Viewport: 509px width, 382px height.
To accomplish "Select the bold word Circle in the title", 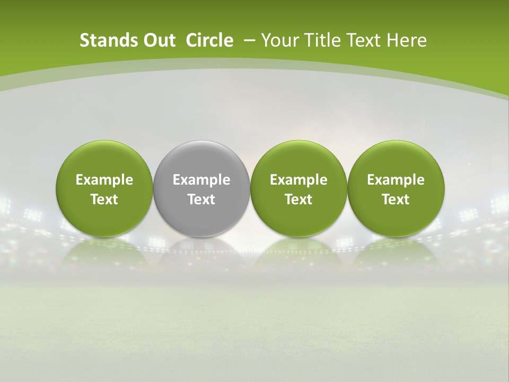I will pyautogui.click(x=209, y=40).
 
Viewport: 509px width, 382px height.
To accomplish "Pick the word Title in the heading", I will pyautogui.click(x=323, y=40).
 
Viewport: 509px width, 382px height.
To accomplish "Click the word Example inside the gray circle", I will pyautogui.click(x=201, y=180).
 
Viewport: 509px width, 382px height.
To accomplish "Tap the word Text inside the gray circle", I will pyautogui.click(x=201, y=199).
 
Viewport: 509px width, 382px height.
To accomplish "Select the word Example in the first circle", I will pyautogui.click(x=104, y=180).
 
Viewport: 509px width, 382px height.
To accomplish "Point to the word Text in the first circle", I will pyautogui.click(x=104, y=199).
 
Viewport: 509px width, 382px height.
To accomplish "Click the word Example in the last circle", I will pyautogui.click(x=396, y=180).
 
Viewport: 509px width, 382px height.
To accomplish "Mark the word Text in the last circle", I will pyautogui.click(x=396, y=199).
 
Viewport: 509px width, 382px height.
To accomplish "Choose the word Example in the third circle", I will pyautogui.click(x=299, y=180).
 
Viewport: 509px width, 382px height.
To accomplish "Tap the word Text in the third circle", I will pyautogui.click(x=299, y=199).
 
